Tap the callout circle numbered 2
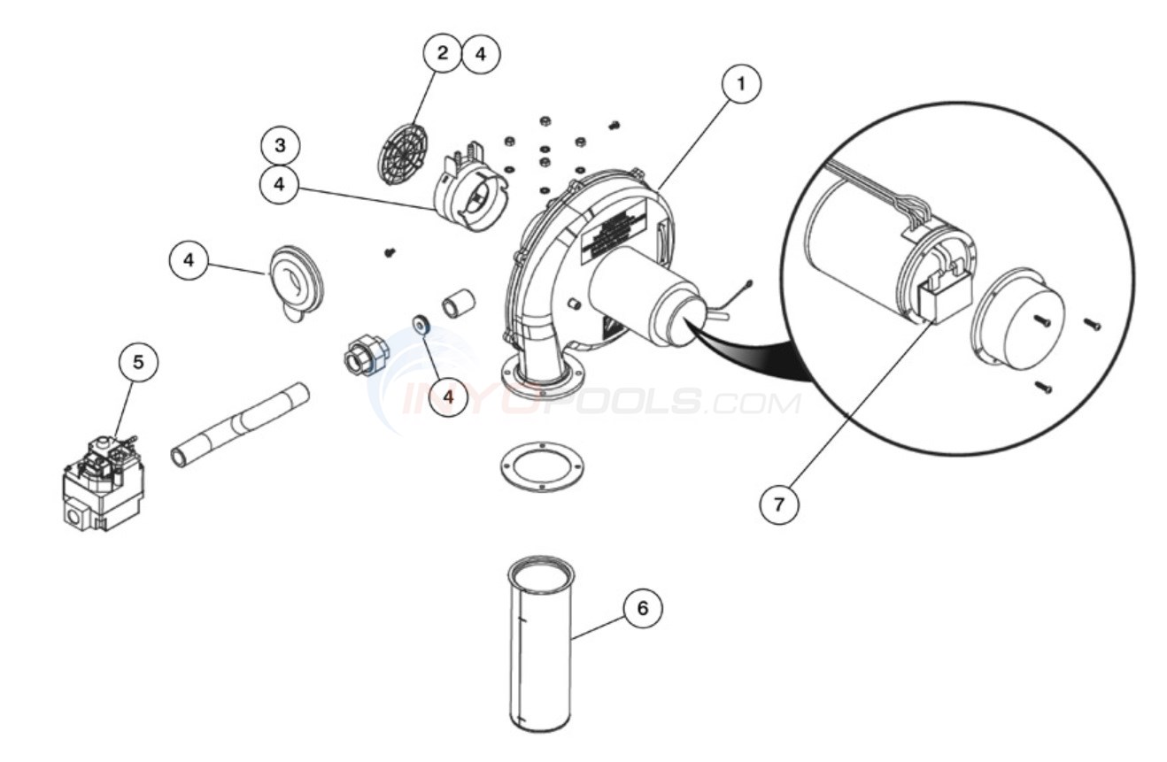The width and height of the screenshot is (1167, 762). (x=441, y=53)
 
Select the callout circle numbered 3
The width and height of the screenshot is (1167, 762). (x=280, y=145)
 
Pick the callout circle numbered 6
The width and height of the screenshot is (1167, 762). (x=642, y=609)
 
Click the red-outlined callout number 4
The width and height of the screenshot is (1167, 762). (x=449, y=396)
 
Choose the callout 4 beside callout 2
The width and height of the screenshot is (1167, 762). (x=480, y=53)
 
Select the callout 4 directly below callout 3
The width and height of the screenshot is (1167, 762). (x=280, y=184)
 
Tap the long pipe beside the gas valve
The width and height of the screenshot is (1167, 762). (x=240, y=424)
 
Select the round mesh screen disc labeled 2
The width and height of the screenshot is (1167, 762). (x=403, y=147)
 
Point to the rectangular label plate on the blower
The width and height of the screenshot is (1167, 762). (x=621, y=232)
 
